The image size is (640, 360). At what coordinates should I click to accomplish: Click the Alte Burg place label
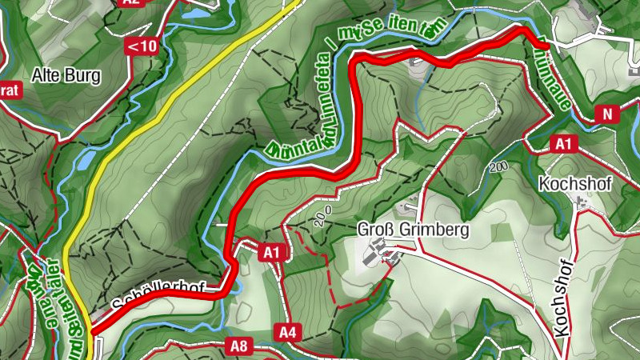point(66,77)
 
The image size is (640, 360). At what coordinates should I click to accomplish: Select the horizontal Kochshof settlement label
point(575,184)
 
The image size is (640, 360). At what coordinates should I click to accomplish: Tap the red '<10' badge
point(142,46)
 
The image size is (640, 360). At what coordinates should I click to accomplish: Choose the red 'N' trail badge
point(607,114)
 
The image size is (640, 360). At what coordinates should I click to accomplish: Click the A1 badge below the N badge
point(564,143)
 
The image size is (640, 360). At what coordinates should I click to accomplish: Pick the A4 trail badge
point(287,330)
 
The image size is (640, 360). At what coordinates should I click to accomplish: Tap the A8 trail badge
point(238,346)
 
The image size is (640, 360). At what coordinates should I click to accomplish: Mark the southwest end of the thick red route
point(93,330)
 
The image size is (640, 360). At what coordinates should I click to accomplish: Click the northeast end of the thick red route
point(546,46)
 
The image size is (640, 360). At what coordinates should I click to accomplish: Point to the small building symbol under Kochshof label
point(581,202)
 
